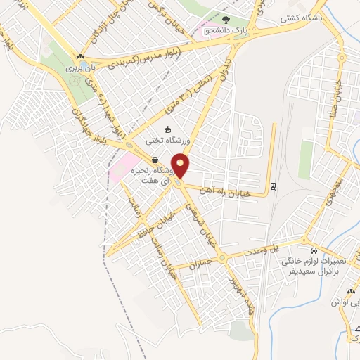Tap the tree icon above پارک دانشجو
[x=226, y=20]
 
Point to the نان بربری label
[x=79, y=68]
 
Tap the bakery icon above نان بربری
[x=82, y=58]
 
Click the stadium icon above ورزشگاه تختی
[x=167, y=129]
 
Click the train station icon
[x=273, y=186]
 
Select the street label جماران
[x=200, y=265]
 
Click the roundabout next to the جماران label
[x=221, y=258]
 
